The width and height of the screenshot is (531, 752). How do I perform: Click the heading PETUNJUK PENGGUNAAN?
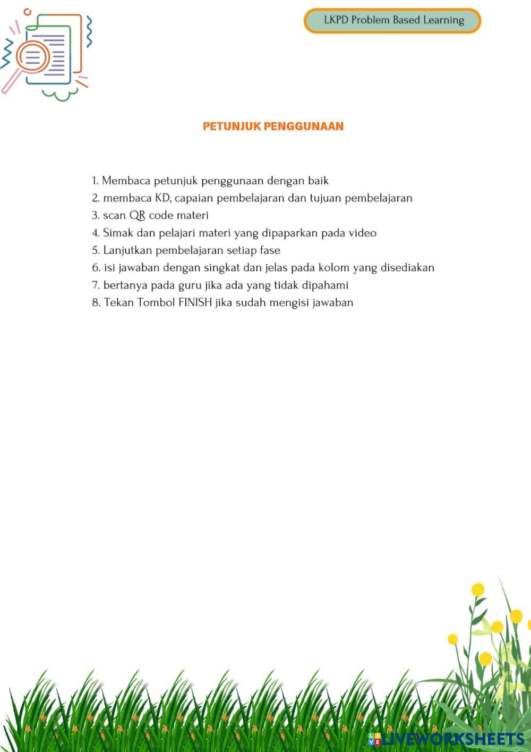pyautogui.click(x=273, y=126)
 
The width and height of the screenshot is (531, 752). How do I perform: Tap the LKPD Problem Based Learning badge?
pyautogui.click(x=392, y=21)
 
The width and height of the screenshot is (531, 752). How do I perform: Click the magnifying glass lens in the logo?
pyautogui.click(x=33, y=56)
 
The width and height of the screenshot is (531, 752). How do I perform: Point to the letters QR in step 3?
pyautogui.click(x=138, y=215)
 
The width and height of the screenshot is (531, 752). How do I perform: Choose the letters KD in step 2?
pyautogui.click(x=162, y=198)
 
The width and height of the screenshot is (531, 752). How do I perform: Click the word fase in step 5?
pyautogui.click(x=270, y=250)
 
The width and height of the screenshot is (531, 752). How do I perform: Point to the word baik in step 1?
pyautogui.click(x=318, y=181)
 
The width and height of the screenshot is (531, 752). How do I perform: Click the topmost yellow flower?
pyautogui.click(x=478, y=589)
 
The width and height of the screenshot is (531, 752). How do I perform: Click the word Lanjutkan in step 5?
pyautogui.click(x=127, y=250)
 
